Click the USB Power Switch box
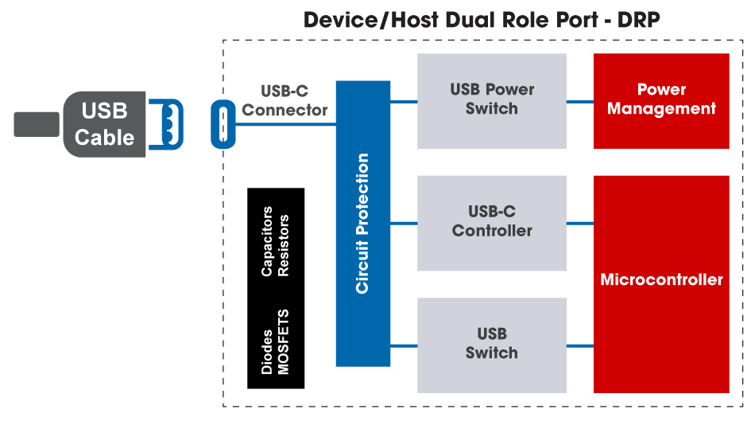coord(491,100)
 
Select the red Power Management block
coord(661,100)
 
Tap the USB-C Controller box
coord(491,223)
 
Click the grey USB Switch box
coord(491,345)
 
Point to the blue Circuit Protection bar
coord(363,224)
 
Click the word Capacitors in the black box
coord(268,241)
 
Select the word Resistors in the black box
coord(284,245)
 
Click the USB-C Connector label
coord(285,101)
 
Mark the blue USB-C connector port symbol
coord(223,124)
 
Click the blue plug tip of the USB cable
coord(168,123)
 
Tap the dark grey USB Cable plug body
coord(104,123)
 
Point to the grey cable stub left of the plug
coord(37,124)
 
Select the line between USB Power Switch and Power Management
coord(580,101)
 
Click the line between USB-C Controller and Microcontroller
coord(580,224)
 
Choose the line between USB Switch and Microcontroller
coord(580,345)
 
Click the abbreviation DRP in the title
coord(638,20)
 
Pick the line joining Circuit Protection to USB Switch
coord(404,345)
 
